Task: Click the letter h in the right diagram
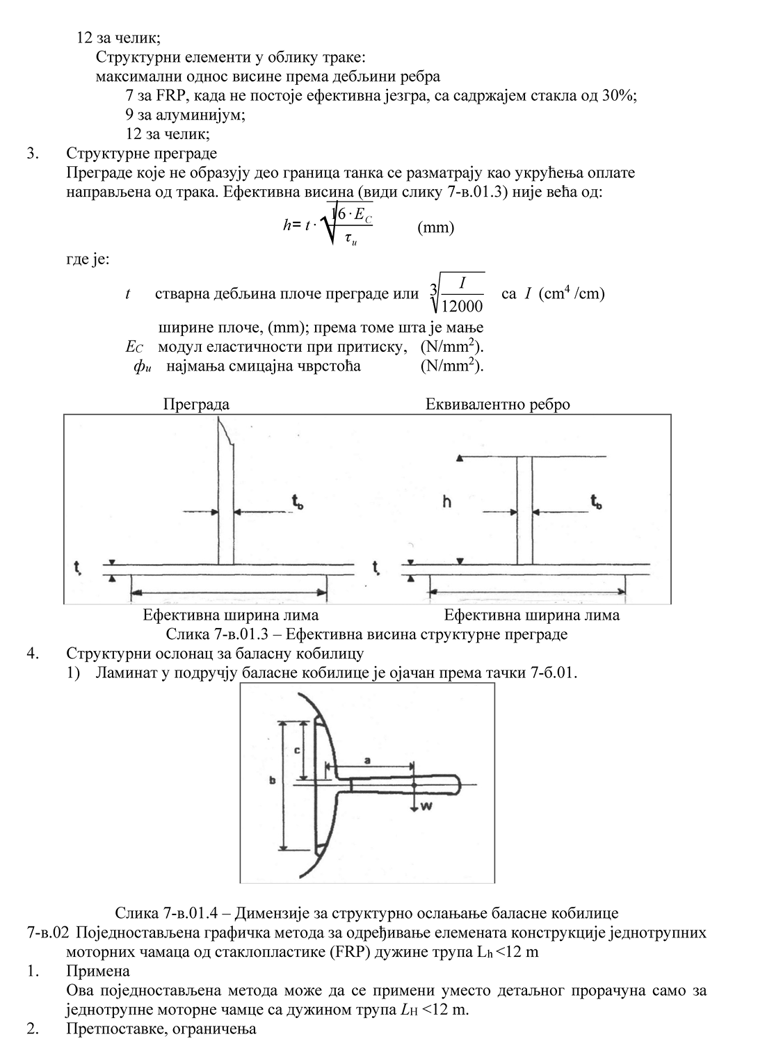point(447,501)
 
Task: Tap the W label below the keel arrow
point(426,805)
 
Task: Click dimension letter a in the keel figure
point(366,761)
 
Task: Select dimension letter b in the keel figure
point(273,780)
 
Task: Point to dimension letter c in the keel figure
point(297,750)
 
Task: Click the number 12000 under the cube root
point(462,307)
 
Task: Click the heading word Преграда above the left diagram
point(196,404)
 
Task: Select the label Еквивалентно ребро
point(497,404)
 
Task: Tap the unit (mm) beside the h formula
point(435,227)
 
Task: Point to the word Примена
point(98,971)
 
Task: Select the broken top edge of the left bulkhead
point(225,431)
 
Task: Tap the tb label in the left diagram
point(298,502)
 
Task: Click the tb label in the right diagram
point(596,502)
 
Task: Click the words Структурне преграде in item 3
point(142,154)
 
